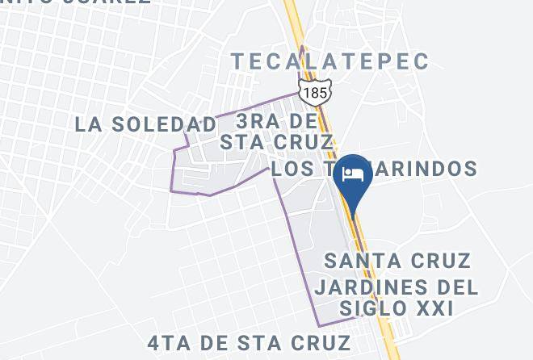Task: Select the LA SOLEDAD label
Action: coord(145,124)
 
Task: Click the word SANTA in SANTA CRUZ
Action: coord(362,261)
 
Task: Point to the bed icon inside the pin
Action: coord(353,175)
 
